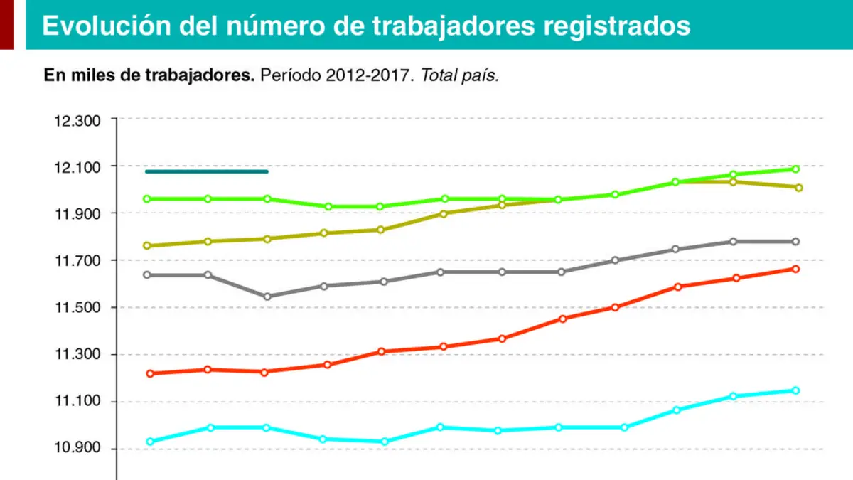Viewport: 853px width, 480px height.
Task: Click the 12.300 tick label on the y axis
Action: click(77, 121)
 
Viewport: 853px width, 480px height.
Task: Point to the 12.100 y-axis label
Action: click(77, 168)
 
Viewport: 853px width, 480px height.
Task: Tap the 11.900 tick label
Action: click(77, 215)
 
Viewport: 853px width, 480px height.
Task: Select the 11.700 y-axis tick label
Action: click(77, 261)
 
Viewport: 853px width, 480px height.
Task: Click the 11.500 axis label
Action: click(77, 307)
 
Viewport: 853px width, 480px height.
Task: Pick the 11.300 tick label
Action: click(77, 354)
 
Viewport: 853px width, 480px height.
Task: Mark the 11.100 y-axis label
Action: click(77, 401)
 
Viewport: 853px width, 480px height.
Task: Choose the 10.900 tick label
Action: click(77, 447)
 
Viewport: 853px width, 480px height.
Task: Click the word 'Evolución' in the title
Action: click(107, 26)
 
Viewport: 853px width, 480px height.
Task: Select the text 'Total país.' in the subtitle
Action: click(460, 75)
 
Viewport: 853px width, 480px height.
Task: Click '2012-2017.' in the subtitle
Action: click(370, 75)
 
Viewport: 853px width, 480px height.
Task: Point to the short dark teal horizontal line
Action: click(207, 171)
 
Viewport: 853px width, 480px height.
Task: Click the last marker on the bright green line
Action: click(795, 169)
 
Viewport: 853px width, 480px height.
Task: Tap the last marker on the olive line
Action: click(798, 188)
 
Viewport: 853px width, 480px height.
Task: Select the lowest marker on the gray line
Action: click(267, 297)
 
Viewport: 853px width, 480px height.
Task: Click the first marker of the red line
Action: click(150, 374)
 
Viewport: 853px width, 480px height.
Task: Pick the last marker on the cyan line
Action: click(795, 390)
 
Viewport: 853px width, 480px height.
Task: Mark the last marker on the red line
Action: click(795, 270)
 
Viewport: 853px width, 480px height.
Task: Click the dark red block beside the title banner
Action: click(7, 25)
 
